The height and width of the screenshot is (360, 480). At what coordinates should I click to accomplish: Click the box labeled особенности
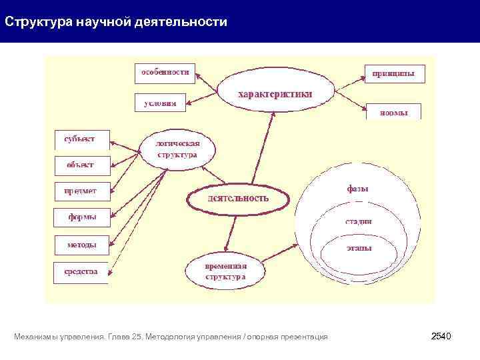[165, 73]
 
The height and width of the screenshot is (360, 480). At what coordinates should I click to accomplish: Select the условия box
[160, 103]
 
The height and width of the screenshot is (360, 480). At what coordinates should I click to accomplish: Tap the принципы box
[393, 73]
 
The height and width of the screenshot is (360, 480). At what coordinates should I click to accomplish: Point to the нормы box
[393, 112]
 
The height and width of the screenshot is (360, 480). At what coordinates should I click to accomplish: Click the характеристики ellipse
[275, 95]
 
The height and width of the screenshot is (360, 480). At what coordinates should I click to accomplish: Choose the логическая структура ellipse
[177, 149]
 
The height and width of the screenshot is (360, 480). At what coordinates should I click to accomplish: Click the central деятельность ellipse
[238, 198]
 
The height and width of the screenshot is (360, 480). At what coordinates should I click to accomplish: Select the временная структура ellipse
[225, 271]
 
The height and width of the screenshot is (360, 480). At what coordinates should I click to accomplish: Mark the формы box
[82, 217]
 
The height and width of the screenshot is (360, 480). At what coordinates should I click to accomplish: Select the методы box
[82, 245]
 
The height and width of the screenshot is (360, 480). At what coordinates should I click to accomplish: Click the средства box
[81, 271]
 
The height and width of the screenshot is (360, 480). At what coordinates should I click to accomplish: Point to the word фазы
[357, 189]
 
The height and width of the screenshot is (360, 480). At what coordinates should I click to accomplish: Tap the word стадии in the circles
[358, 221]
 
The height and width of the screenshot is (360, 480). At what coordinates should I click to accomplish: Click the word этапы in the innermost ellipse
[359, 247]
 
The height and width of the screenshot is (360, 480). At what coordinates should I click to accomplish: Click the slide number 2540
[441, 337]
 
